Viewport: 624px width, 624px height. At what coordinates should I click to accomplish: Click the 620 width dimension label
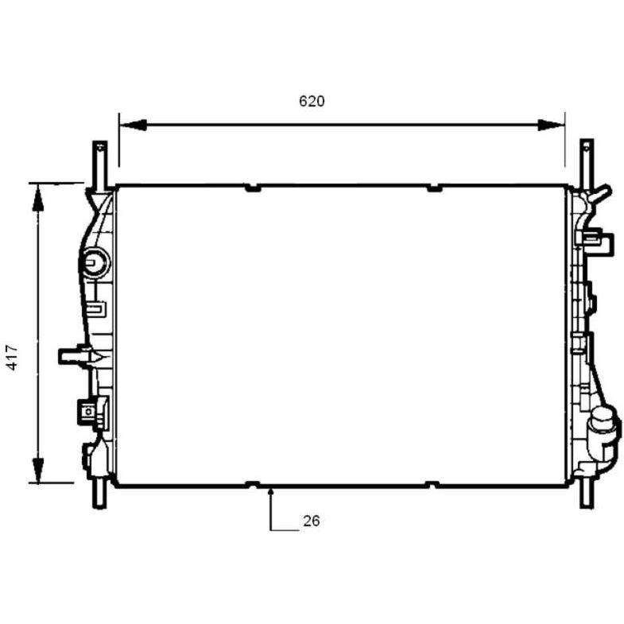click(312, 101)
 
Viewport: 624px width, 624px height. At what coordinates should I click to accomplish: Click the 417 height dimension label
click(13, 358)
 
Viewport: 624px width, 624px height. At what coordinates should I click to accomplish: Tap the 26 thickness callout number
click(311, 521)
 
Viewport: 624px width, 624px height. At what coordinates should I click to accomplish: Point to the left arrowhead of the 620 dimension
click(134, 125)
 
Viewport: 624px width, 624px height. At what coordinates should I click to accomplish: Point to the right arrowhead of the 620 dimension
click(551, 125)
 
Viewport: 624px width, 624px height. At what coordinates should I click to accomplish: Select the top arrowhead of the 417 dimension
click(38, 198)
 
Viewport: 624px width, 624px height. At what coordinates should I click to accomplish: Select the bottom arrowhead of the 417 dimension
click(38, 470)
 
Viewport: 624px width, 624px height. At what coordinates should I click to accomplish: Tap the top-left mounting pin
click(99, 165)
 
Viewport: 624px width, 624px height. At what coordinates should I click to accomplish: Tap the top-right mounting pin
click(586, 165)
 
